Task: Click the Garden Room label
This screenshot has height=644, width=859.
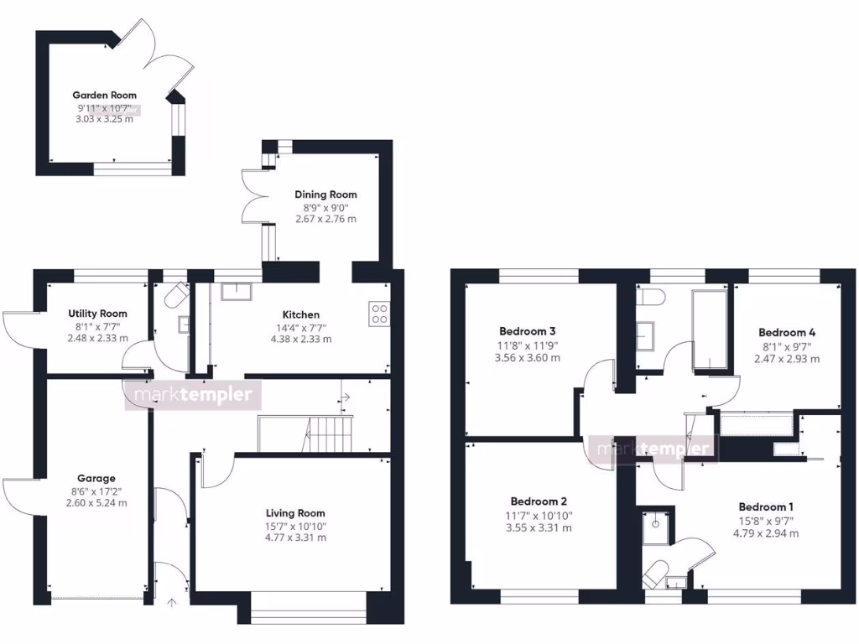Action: tap(104, 96)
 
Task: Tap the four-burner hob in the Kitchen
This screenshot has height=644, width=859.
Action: tap(379, 313)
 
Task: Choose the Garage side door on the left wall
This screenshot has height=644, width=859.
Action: tap(18, 498)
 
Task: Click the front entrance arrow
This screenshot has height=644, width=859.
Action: tap(173, 601)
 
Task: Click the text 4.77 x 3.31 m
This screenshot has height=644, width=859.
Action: tap(295, 538)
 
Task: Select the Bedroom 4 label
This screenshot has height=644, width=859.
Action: tap(786, 332)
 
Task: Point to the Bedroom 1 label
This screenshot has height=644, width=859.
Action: tap(766, 506)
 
